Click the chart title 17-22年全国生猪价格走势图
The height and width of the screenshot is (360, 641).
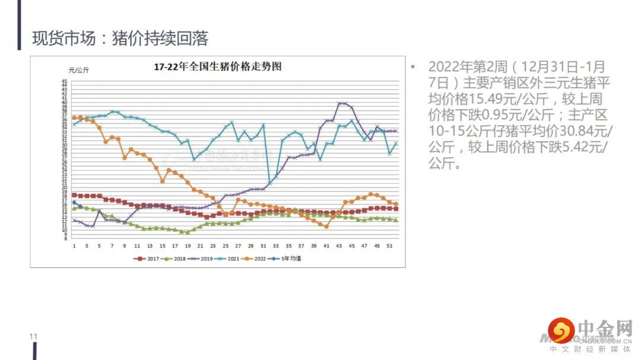point(217,66)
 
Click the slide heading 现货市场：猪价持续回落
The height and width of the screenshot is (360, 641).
point(120,39)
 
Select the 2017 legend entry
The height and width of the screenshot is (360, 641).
point(151,259)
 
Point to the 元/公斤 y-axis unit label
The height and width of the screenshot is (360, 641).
point(78,71)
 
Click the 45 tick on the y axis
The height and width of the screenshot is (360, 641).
point(64,81)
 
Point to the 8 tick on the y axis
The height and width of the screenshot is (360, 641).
point(65,238)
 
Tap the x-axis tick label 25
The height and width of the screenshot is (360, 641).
point(226,246)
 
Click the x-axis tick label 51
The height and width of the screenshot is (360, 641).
point(389,246)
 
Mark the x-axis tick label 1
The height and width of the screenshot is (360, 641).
point(74,246)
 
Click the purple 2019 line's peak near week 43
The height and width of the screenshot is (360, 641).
point(340,103)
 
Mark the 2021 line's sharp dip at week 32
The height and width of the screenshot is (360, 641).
point(269,183)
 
